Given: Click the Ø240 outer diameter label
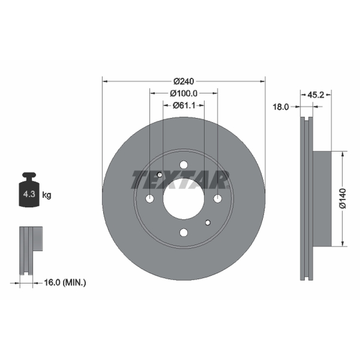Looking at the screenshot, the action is point(184,81).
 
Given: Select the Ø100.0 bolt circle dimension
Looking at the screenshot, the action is point(184,94).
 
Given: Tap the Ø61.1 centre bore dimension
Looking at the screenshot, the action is point(184,105).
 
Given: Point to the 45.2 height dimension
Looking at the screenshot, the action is point(316,95).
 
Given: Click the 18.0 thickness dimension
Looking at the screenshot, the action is point(280,107).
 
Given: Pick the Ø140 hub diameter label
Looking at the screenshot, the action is point(342,198).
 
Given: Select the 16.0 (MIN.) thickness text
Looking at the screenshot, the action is point(65,283).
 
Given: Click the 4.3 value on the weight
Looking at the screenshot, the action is point(29,194).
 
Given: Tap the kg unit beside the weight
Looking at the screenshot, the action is point(47,195).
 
